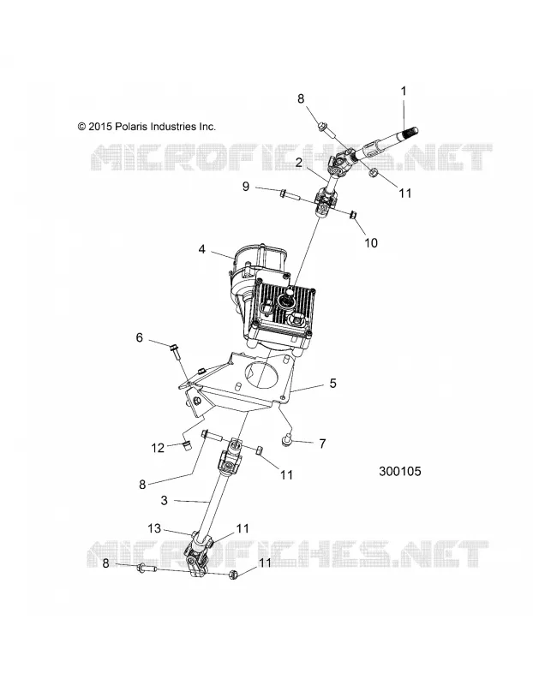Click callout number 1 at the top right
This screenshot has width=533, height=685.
tap(404, 92)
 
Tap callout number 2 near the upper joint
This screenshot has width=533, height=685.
tap(299, 163)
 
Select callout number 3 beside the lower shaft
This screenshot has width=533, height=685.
tap(165, 500)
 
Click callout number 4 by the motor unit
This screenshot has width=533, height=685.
tap(201, 249)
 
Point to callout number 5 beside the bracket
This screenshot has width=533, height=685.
tap(333, 383)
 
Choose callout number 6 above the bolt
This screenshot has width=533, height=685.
tap(140, 337)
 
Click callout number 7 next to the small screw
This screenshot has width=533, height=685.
tap(323, 444)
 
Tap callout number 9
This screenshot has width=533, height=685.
tap(246, 187)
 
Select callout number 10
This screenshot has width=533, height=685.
tap(371, 243)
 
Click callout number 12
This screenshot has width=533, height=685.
tap(158, 448)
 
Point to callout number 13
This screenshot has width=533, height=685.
tap(154, 528)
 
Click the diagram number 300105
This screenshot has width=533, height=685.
tap(399, 472)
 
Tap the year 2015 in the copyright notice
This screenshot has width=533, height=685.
tap(100, 127)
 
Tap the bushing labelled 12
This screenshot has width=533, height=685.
tap(187, 446)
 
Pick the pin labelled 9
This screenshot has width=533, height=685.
tap(290, 194)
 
